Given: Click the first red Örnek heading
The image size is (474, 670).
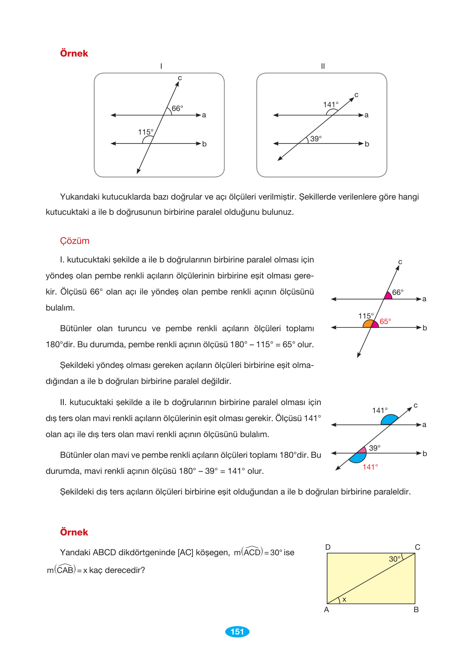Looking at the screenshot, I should [74, 54].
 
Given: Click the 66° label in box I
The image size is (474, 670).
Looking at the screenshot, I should [177, 108].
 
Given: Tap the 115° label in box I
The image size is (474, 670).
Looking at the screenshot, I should [146, 132].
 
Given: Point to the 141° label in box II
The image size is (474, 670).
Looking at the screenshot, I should [330, 105].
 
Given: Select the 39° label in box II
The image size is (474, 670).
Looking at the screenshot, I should [316, 139].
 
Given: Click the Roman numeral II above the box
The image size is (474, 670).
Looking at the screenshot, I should [322, 66].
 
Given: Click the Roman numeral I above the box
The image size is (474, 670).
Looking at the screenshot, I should [161, 66].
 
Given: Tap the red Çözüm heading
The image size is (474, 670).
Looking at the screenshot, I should [75, 241].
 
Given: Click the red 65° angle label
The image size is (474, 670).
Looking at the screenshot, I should [385, 321].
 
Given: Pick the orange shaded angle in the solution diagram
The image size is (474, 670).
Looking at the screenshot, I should [368, 324].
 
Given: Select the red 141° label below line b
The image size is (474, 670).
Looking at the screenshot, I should [370, 467].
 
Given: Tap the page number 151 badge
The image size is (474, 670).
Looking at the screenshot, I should [237, 632].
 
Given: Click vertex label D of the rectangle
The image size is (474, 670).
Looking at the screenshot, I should [328, 547].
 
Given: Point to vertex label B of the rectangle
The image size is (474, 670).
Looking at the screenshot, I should [416, 610].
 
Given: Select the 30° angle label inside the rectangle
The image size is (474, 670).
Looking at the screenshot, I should [395, 559].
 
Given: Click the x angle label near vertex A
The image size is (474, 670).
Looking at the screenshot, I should [344, 600].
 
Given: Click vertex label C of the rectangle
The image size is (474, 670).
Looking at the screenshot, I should [417, 547].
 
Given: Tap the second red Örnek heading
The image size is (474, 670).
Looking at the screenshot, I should [74, 532].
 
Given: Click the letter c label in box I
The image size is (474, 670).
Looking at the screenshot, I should [180, 78].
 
